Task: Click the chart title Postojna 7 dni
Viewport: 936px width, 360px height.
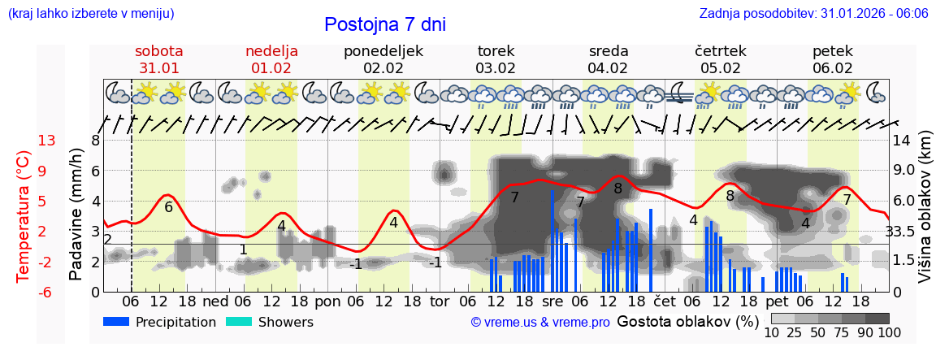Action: pos(384,24)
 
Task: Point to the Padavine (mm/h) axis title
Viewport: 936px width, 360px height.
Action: pos(76,215)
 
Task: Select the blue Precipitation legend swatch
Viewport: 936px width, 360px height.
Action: pos(117,322)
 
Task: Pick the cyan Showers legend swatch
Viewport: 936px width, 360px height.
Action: pos(239,322)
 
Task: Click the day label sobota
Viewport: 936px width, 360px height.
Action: pos(158,51)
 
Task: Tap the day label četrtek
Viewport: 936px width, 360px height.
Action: pos(720,51)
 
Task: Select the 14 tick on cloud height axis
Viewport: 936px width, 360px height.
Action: pos(901,141)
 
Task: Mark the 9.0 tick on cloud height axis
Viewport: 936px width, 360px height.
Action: pos(904,171)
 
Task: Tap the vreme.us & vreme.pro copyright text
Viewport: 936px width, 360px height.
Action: pos(540,323)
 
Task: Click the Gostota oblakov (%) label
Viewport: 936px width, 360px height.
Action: pos(687,321)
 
